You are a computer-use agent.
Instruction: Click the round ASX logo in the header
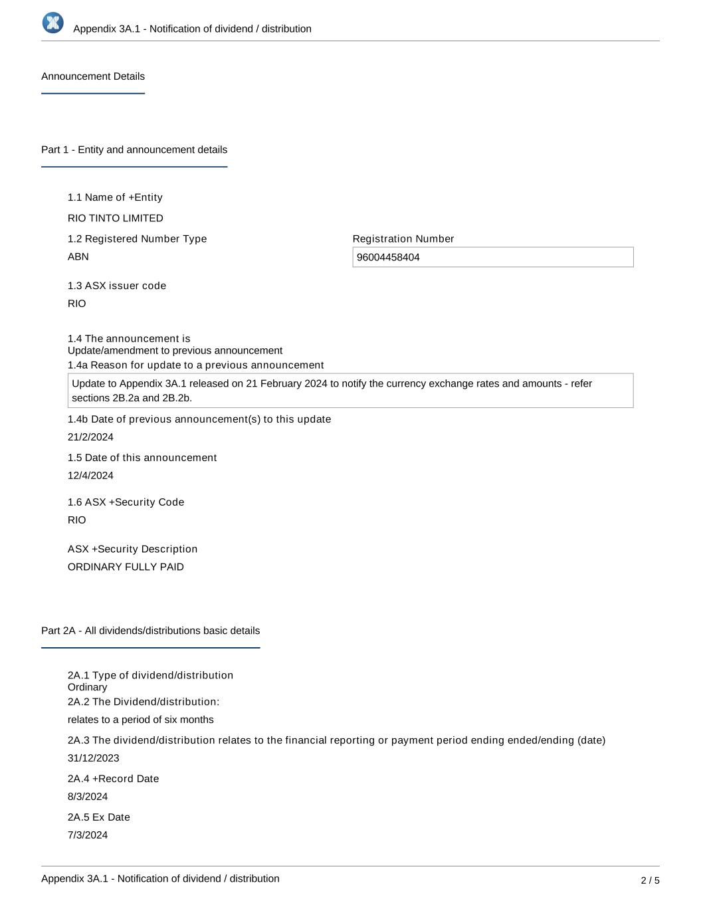(x=53, y=23)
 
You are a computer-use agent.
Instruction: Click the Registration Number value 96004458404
(x=388, y=258)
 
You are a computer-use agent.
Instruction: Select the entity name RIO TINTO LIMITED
(x=116, y=218)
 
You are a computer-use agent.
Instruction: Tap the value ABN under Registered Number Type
(x=78, y=256)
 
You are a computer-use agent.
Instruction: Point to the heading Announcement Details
(x=93, y=76)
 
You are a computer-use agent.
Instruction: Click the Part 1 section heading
(x=134, y=150)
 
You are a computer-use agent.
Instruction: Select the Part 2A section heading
(x=150, y=631)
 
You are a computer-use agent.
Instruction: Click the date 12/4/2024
(x=90, y=476)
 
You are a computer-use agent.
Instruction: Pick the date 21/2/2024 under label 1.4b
(x=90, y=437)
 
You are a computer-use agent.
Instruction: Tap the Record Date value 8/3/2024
(x=88, y=797)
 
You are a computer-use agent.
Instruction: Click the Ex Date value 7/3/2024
(x=88, y=835)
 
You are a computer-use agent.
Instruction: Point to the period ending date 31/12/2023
(x=94, y=758)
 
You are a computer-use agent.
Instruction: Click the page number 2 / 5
(x=650, y=880)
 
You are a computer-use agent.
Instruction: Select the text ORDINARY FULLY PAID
(x=126, y=567)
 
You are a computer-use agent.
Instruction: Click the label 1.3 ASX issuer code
(x=117, y=286)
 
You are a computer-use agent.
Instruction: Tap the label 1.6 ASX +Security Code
(x=126, y=502)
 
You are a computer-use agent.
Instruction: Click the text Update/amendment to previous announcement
(x=175, y=351)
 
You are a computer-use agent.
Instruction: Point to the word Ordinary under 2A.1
(x=87, y=687)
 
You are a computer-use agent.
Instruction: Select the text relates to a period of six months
(x=141, y=720)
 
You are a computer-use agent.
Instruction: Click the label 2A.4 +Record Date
(x=113, y=779)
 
